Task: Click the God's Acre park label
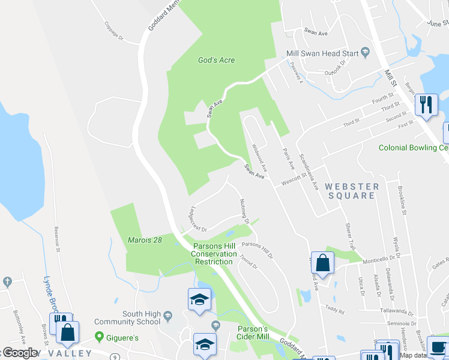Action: pos(216,60)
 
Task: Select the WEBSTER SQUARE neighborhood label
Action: pos(352,191)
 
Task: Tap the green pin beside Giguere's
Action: pos(99,338)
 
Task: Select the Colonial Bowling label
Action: pos(413,148)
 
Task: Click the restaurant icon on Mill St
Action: pos(426,104)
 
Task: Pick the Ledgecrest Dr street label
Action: pos(197,220)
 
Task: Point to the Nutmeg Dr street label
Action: pos(244,211)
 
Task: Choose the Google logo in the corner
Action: pos(19,353)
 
